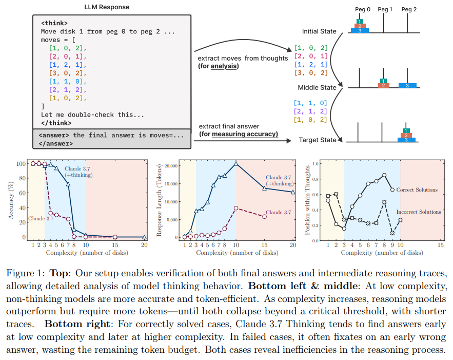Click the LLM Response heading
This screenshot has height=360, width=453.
107,7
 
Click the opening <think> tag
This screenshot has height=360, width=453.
54,23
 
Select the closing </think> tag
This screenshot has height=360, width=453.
56,123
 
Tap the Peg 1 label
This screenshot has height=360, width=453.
385,9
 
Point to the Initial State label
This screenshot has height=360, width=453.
319,31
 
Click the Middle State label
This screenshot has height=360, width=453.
317,87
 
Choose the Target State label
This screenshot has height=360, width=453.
317,140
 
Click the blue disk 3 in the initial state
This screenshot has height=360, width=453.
360,31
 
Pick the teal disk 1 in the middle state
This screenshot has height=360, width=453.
382,81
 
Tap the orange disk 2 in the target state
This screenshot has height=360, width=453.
406,135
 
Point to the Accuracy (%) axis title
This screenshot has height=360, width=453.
11,200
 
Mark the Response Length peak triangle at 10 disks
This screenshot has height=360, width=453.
236,163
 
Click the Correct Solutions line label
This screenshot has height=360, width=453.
417,190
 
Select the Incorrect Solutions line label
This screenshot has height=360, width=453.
419,212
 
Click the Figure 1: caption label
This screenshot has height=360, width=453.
27,273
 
